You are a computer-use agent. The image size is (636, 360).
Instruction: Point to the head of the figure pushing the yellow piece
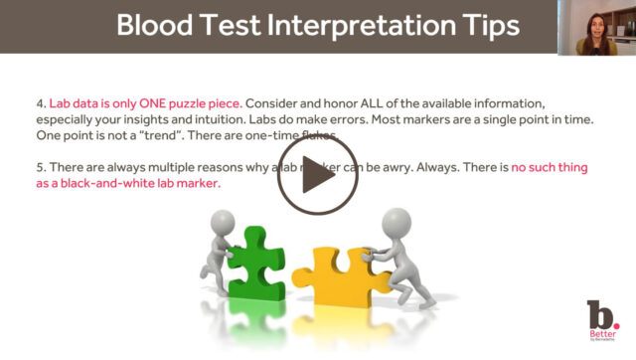(397, 219)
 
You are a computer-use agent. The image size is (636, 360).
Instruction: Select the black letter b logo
(596, 316)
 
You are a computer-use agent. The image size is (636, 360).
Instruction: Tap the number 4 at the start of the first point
(38, 100)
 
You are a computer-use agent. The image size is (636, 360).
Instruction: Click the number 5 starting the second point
(38, 168)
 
